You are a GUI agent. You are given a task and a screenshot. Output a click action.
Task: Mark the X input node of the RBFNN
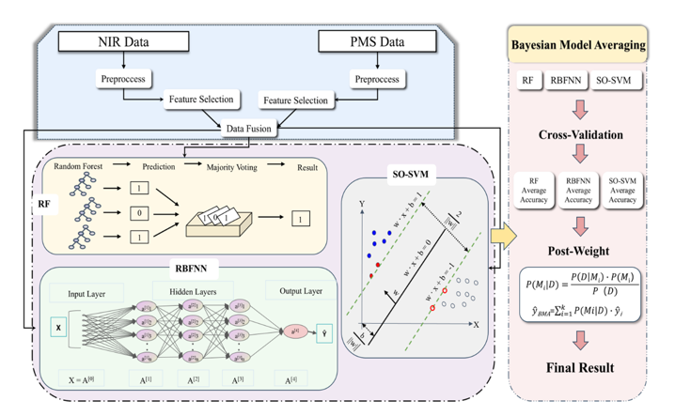coord(59,328)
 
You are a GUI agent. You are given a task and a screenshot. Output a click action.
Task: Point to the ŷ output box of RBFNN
coord(324,331)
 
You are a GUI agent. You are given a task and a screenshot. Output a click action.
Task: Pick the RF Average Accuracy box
coord(533,188)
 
